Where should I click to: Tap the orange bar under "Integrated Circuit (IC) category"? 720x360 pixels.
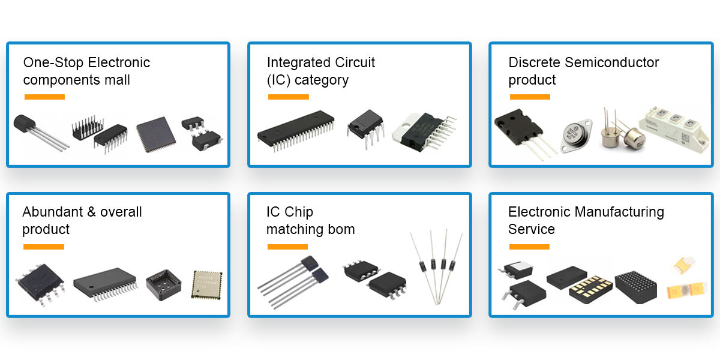coord(288,97)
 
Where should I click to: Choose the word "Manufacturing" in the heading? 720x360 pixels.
coord(619,212)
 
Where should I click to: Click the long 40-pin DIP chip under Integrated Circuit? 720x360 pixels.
coord(296,128)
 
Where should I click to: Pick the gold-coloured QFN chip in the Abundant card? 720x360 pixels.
coord(206,284)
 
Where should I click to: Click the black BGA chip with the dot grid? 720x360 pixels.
coord(636,286)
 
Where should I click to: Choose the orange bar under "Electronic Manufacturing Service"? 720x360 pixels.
coord(529,247)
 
